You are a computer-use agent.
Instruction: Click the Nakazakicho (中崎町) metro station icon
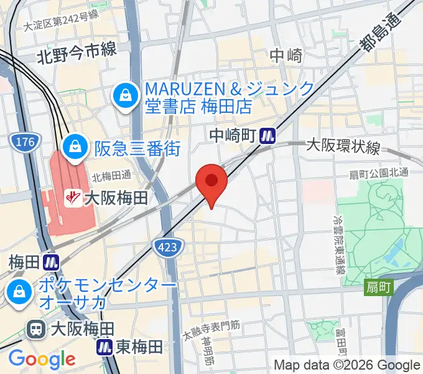coord(269,135)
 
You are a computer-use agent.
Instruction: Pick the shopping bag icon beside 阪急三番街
coord(75,147)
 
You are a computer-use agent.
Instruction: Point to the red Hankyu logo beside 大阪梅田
coord(73,198)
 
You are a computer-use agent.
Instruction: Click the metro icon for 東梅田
coord(104,347)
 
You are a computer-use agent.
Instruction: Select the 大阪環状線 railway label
coord(343,146)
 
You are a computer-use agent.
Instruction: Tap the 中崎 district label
coord(286,56)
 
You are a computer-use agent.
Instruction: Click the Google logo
coord(42,358)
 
